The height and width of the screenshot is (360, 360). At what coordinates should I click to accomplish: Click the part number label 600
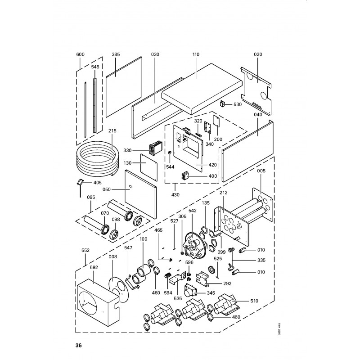coord(81,54)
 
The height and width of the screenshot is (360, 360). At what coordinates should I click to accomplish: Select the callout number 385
coord(116,54)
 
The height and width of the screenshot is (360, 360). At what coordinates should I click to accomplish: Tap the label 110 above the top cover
coord(196,54)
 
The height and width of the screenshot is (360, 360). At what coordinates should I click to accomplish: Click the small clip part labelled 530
coord(223,103)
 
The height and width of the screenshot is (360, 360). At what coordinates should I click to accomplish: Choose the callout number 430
coord(175,195)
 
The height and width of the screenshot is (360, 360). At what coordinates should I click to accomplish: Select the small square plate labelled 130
coord(149,167)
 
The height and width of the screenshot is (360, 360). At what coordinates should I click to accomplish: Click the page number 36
coord(78,345)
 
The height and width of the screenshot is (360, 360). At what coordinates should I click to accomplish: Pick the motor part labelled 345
coord(190,291)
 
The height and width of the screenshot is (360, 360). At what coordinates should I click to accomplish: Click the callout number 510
coord(254,301)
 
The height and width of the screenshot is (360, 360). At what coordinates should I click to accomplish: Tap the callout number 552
coord(85,250)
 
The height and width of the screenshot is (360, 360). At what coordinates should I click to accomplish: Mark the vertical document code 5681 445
coord(279,329)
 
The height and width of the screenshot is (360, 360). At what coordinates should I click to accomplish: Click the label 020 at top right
coord(258,54)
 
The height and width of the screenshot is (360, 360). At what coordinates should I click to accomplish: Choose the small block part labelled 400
coord(185,176)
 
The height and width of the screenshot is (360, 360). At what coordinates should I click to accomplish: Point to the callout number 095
coord(91,197)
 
